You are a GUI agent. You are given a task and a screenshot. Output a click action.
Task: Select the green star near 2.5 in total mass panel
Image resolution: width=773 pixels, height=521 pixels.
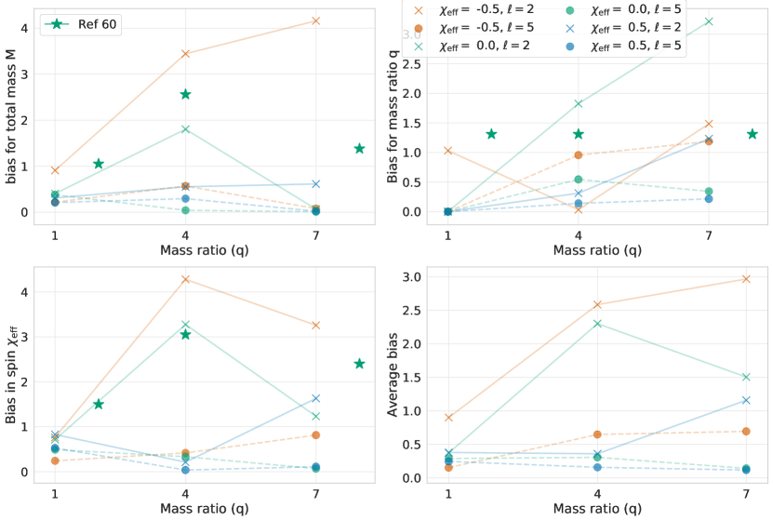[186, 94]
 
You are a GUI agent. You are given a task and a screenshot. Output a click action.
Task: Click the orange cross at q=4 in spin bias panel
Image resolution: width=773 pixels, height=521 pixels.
[186, 279]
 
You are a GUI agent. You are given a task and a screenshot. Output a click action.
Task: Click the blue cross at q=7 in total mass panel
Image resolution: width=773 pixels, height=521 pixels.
[316, 184]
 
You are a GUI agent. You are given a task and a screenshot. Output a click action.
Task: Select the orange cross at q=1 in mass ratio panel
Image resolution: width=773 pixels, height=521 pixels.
[448, 150]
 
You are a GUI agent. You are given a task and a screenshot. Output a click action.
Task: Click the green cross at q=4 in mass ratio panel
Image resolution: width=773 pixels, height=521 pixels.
[579, 103]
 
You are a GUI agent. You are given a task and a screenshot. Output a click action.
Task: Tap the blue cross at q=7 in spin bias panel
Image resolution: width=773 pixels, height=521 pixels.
[316, 398]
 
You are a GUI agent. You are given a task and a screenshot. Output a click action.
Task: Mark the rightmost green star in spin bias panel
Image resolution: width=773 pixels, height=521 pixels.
[360, 364]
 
